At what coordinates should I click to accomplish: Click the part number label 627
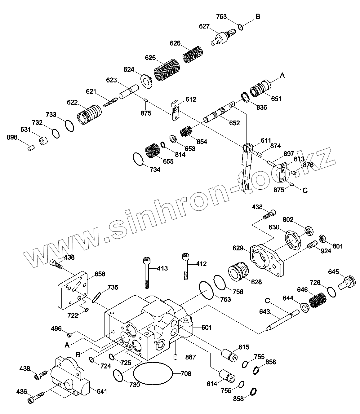coord(204,26)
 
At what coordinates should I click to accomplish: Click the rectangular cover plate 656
coord(73,290)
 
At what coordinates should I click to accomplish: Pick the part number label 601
coord(207,327)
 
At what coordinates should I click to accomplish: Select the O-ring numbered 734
coord(138,159)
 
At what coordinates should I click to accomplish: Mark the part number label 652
coord(234,123)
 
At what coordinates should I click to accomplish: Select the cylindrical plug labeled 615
coord(230,355)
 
